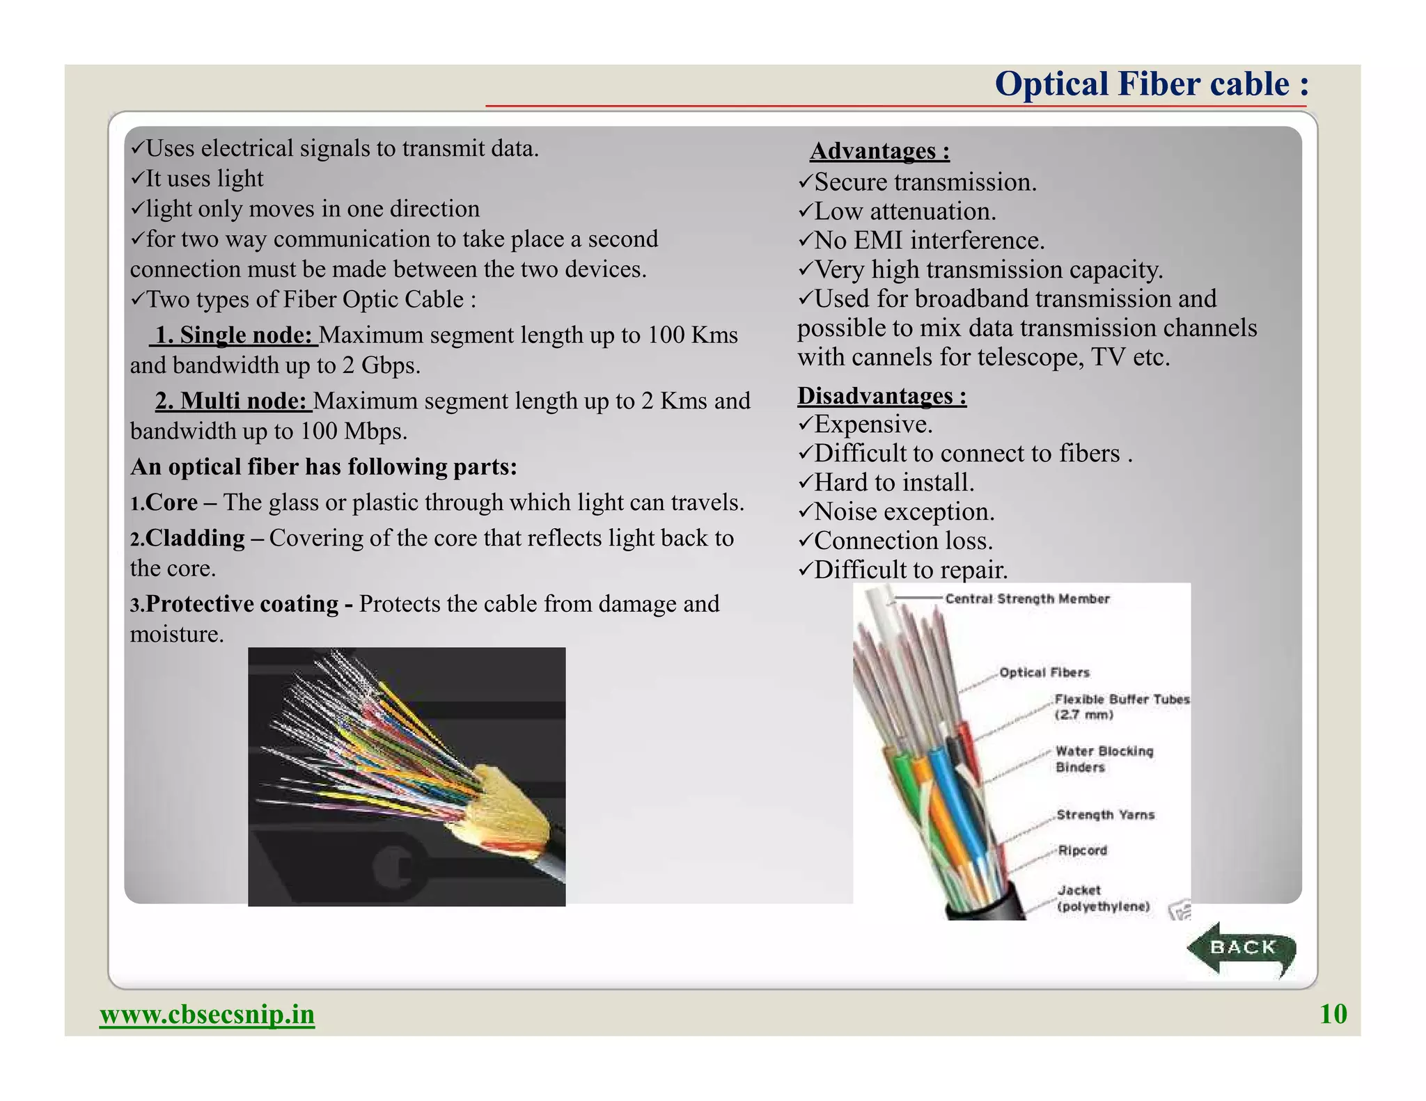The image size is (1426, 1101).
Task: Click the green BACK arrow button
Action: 1241,949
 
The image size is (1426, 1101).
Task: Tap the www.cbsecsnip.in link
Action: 207,1014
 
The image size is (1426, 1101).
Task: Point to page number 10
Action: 1333,1014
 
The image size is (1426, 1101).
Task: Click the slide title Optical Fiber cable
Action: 1152,84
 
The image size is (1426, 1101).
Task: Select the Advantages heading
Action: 879,151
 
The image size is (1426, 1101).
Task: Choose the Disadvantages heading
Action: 882,395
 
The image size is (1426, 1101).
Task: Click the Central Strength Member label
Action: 1027,599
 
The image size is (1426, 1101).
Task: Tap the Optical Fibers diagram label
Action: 1044,672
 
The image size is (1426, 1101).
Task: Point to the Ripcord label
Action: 1082,850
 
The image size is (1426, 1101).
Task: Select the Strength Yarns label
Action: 1105,815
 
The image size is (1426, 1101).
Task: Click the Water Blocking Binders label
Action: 1104,759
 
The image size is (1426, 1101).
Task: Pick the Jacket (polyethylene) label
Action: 1103,898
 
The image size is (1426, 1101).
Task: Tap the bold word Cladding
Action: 195,538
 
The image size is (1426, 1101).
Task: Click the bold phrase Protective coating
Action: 242,604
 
